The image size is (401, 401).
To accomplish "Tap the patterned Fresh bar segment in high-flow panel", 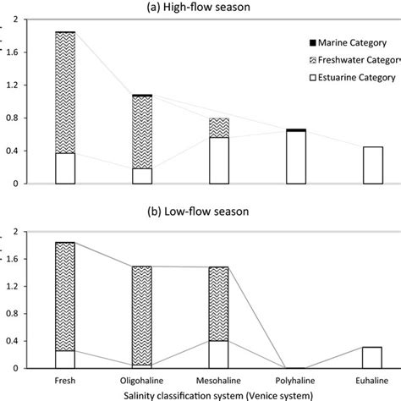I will coord(64,93).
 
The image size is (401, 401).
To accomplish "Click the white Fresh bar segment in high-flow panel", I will coord(64,168).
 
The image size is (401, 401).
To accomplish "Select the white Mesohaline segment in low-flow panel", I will coord(218,354).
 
